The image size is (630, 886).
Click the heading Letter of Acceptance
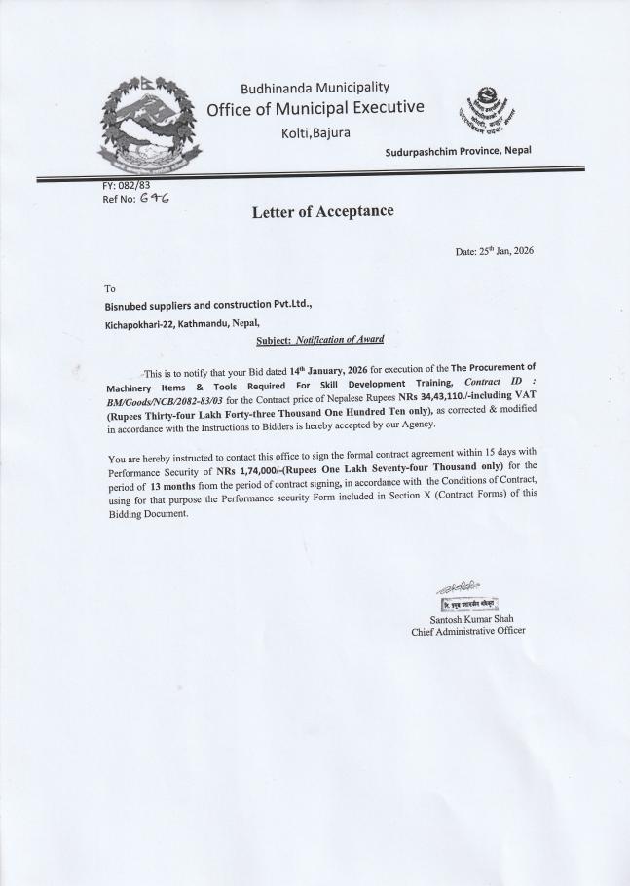pyautogui.click(x=322, y=210)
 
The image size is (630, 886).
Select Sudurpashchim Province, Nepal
pyautogui.click(x=459, y=150)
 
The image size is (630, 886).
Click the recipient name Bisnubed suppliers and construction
pyautogui.click(x=207, y=304)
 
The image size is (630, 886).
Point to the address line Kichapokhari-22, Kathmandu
pyautogui.click(x=182, y=323)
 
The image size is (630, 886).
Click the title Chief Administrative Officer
pyautogui.click(x=467, y=631)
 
